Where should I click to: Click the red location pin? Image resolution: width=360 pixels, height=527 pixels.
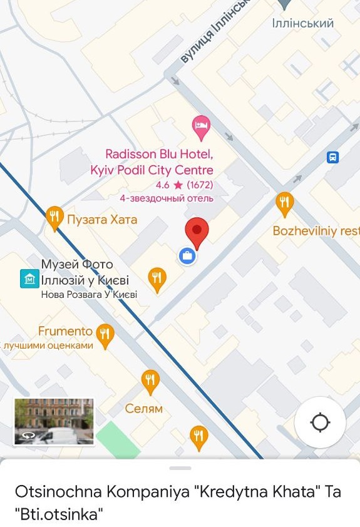(x=197, y=232)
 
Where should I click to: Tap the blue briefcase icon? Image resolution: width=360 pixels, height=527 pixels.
(x=187, y=255)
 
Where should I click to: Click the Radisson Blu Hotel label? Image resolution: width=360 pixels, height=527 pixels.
(x=159, y=161)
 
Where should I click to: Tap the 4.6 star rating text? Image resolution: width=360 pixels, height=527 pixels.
(x=184, y=185)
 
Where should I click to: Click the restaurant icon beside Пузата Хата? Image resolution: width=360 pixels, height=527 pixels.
(x=55, y=218)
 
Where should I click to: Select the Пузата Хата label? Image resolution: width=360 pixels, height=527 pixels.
(x=101, y=220)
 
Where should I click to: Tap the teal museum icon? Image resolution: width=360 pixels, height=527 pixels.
(x=29, y=279)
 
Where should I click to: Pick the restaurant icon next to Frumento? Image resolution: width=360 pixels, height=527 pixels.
(x=105, y=334)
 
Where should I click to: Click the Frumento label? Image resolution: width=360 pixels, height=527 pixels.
(x=65, y=331)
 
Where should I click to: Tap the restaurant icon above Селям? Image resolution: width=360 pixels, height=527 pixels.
(x=150, y=380)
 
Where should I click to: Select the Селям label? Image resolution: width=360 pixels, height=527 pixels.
(x=144, y=409)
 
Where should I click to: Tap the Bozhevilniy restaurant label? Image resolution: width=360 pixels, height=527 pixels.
(x=316, y=231)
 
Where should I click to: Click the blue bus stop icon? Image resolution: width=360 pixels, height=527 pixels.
(x=332, y=158)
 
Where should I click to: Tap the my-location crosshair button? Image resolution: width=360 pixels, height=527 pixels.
(x=320, y=422)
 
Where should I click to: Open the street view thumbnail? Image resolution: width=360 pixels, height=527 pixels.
(x=54, y=422)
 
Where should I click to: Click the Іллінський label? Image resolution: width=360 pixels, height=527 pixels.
(x=303, y=24)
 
